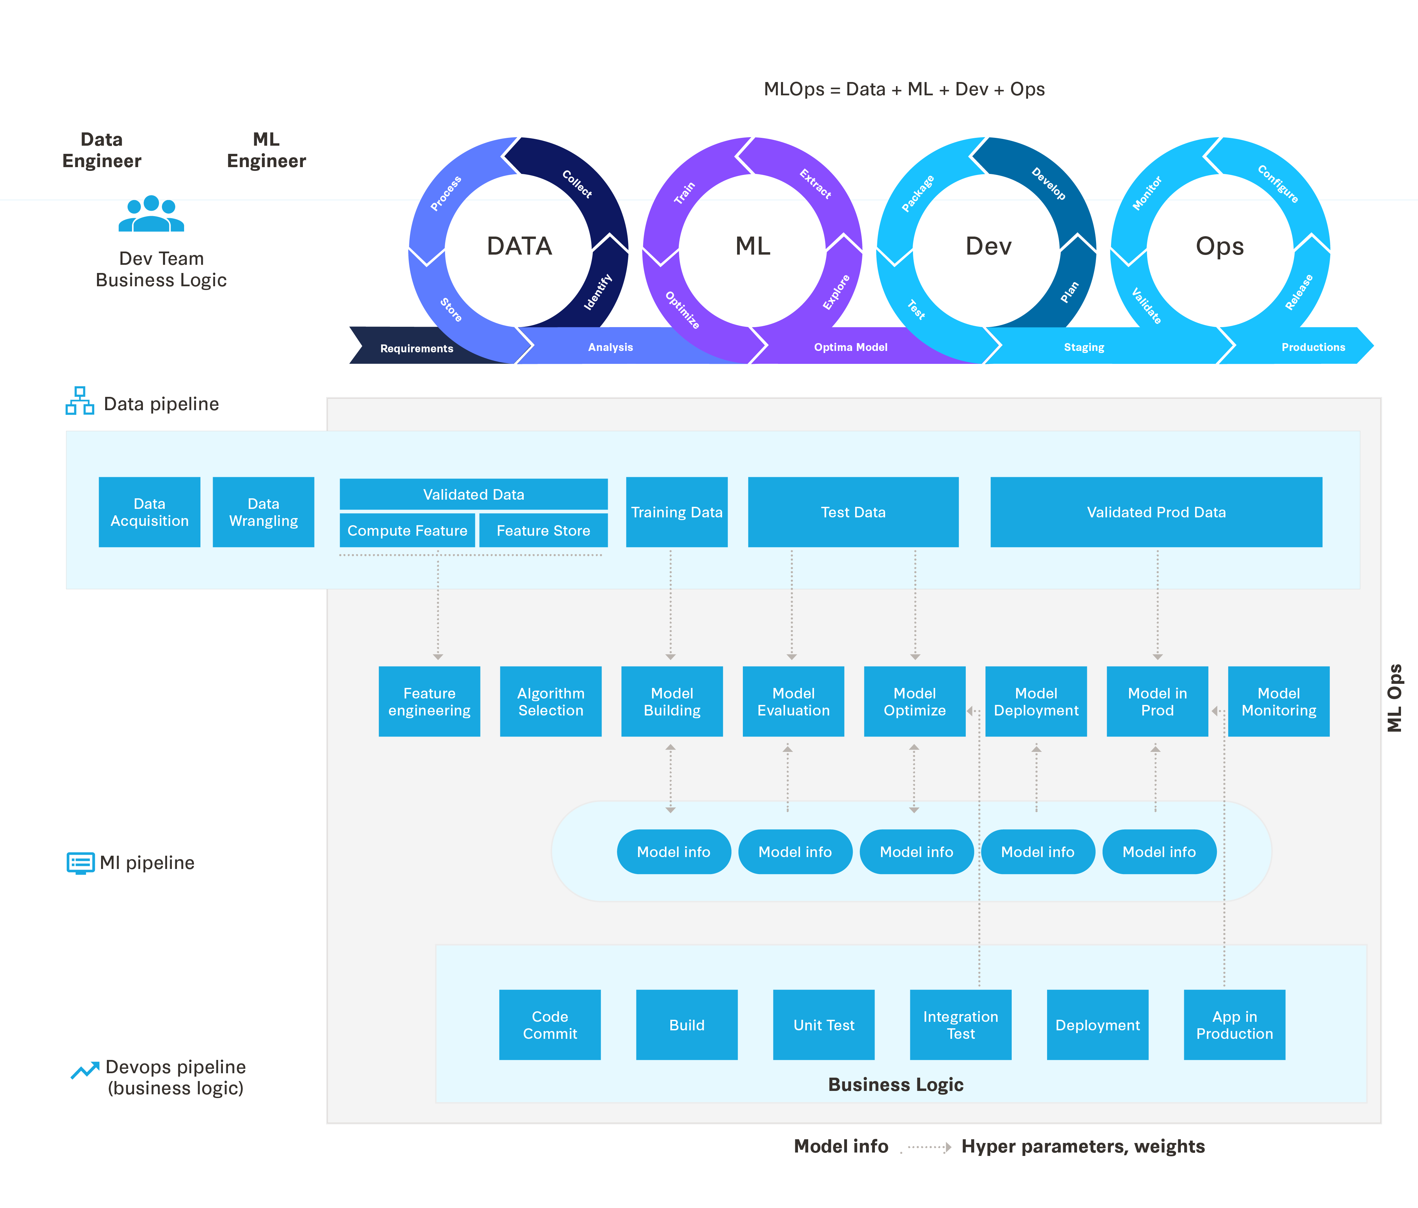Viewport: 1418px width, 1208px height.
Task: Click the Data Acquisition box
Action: [149, 512]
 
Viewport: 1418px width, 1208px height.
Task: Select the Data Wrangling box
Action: [263, 512]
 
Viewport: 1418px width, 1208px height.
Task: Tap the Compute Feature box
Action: [407, 530]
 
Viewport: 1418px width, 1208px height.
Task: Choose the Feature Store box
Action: [543, 530]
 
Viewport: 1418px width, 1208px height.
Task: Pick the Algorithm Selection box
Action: [551, 702]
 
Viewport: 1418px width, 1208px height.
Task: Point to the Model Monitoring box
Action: [1278, 702]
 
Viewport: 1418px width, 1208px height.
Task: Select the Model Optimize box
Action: [914, 702]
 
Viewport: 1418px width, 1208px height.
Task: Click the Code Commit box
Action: [550, 1025]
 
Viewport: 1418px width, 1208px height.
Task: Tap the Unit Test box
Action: [823, 1025]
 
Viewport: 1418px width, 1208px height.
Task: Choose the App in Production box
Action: [1234, 1025]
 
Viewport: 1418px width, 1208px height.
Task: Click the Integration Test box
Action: [960, 1025]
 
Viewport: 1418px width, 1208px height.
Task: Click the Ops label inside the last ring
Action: [1220, 246]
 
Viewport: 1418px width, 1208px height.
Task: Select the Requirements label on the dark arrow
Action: [417, 348]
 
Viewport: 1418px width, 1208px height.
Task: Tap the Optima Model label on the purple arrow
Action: [851, 347]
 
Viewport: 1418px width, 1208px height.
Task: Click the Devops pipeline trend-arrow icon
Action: [85, 1070]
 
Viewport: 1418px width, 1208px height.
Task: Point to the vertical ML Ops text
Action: [1394, 698]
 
